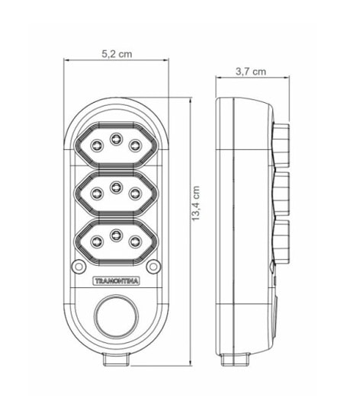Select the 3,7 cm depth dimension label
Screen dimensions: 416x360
(251, 71)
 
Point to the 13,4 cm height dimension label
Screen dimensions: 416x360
(197, 203)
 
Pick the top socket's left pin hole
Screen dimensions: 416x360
(97, 145)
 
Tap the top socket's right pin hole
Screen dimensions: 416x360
(135, 145)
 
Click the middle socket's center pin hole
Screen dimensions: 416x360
(116, 187)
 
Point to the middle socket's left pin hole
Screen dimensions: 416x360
(97, 192)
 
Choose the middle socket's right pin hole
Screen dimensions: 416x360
(135, 192)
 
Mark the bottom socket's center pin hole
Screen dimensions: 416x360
(116, 235)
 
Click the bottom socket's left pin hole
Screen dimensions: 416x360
(97, 241)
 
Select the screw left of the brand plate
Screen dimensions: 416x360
(79, 266)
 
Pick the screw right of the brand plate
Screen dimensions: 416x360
(153, 266)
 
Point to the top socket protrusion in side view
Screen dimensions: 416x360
(282, 145)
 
